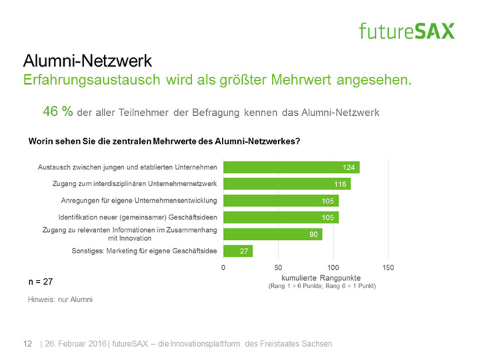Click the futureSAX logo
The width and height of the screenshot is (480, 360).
pos(407,31)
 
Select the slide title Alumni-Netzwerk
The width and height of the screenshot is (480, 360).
pos(87,61)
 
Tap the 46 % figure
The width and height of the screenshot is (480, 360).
pos(58,112)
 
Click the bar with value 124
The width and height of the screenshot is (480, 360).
pos(291,167)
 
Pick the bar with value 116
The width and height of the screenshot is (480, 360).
pos(287,183)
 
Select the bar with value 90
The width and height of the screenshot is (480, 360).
pos(272,234)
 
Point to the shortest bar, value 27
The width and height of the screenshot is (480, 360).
pos(237,251)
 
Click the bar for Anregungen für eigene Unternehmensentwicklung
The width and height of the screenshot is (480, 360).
pos(281,201)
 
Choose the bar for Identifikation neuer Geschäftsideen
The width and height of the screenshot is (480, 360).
pos(281,217)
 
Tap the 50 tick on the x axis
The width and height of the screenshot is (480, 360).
pos(278,267)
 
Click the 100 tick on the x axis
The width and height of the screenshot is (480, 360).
pos(333,267)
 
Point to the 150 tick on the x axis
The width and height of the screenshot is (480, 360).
pos(388,267)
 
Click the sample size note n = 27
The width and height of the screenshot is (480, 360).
pos(40,282)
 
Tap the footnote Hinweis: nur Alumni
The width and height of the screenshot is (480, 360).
pos(60,300)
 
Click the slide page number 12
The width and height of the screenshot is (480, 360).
pos(28,343)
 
